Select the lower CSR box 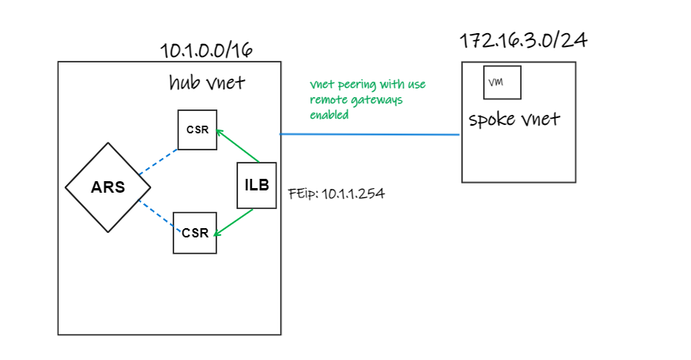(x=195, y=233)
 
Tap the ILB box (x=257, y=186)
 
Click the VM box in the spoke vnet (x=502, y=82)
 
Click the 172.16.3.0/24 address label (x=524, y=41)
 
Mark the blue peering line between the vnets (x=370, y=135)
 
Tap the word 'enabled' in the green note (x=330, y=115)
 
